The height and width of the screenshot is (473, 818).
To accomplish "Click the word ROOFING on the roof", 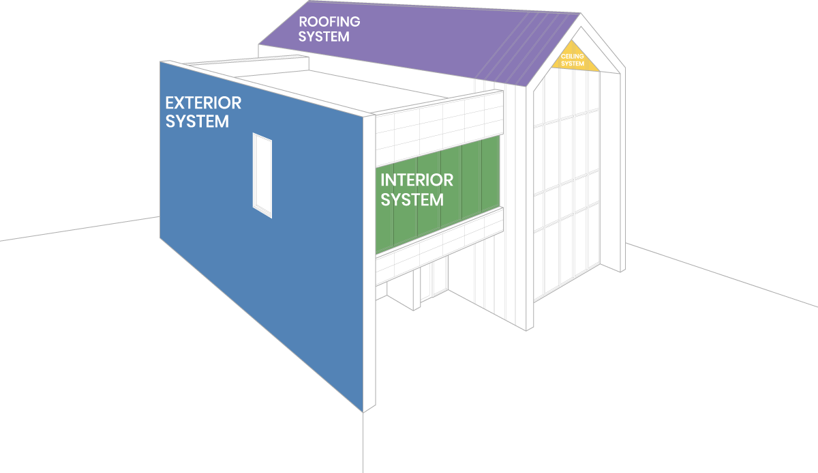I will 329,21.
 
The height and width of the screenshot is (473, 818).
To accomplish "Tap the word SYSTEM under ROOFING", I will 324,36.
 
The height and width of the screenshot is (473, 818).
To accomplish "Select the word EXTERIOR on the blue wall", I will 203,103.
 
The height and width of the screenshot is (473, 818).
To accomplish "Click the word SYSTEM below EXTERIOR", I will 197,121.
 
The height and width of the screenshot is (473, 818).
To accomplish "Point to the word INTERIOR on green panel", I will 416,180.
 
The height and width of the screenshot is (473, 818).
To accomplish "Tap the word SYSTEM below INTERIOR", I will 412,199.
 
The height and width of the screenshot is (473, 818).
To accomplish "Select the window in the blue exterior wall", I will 262,175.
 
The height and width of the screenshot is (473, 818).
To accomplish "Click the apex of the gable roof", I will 581,14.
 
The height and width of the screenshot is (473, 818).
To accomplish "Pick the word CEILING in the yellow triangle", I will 573,56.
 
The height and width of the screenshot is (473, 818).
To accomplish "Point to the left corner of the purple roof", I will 260,45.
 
